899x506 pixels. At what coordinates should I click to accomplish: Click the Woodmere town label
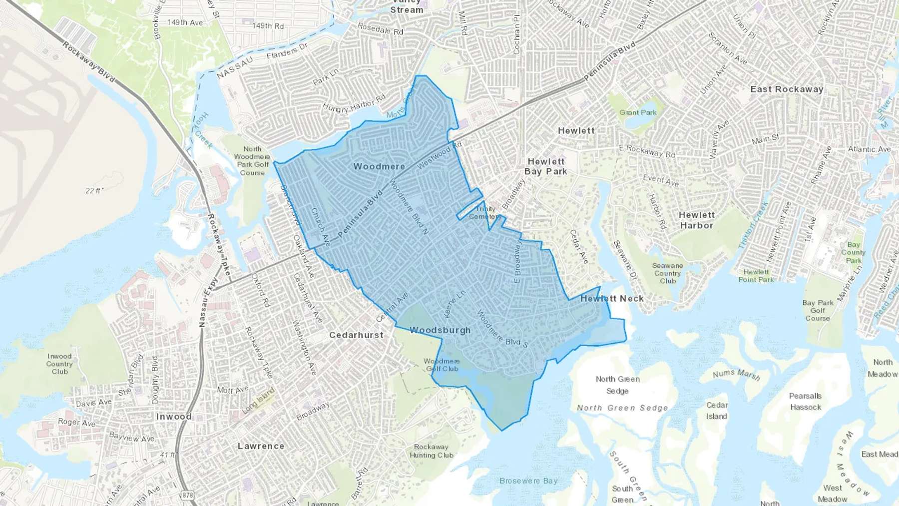click(379, 166)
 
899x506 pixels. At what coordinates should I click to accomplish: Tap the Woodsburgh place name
click(440, 330)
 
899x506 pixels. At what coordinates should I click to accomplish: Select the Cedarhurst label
click(356, 335)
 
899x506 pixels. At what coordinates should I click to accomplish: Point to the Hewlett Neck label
click(612, 299)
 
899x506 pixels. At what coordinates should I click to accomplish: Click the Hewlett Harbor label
click(697, 220)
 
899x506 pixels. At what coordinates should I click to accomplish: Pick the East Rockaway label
click(787, 89)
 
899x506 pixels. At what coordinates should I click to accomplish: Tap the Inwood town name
click(174, 417)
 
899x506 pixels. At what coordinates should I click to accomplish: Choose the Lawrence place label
click(261, 446)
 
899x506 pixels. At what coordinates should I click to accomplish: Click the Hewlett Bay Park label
click(546, 166)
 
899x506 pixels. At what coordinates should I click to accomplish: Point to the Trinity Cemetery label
click(485, 213)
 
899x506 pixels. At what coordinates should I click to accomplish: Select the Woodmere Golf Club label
click(442, 365)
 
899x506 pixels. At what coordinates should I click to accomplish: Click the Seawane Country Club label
click(668, 273)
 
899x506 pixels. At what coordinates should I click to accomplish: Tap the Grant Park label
click(638, 112)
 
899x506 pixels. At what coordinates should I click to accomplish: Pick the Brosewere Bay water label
click(528, 481)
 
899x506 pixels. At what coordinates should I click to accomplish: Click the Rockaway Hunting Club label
click(431, 451)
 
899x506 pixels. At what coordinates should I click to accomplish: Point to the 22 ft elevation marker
click(93, 190)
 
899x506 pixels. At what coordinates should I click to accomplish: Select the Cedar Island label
click(717, 411)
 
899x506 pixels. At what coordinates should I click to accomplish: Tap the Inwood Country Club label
click(59, 364)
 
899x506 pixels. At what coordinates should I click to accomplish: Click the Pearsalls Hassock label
click(805, 402)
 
